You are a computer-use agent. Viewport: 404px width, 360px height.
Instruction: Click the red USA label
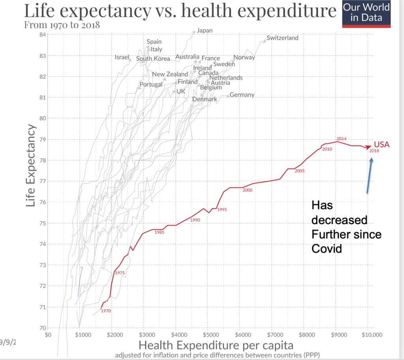(x=382, y=144)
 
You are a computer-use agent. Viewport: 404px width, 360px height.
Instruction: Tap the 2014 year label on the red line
(x=341, y=139)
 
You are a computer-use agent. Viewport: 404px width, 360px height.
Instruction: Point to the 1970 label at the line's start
(x=106, y=311)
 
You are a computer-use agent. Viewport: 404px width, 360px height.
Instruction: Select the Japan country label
(x=204, y=30)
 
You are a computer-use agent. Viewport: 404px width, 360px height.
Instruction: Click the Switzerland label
(x=282, y=38)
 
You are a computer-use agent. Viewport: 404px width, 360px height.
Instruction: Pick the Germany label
(x=242, y=95)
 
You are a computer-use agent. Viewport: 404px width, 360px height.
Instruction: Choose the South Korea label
(x=153, y=59)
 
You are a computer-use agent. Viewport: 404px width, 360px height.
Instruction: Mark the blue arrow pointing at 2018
(x=369, y=175)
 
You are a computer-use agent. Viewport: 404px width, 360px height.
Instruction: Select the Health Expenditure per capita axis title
(x=216, y=345)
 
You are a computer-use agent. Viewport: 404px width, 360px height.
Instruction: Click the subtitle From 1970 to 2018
(x=62, y=25)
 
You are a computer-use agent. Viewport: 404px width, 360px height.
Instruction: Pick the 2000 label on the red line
(x=247, y=190)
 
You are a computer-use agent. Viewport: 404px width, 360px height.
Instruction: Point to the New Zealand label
(x=170, y=74)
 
